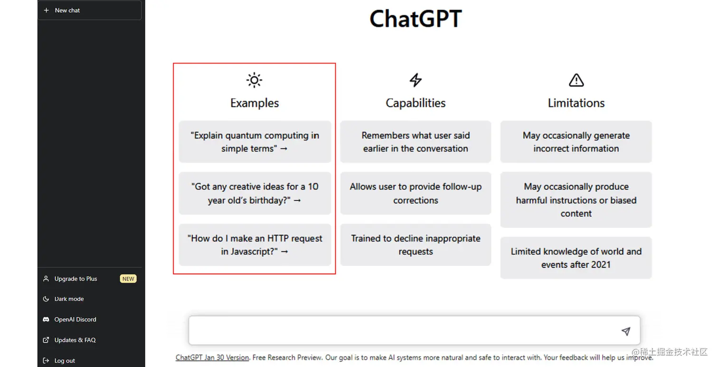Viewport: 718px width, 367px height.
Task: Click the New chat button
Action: pyautogui.click(x=89, y=10)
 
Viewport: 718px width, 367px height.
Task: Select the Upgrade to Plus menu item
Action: pyautogui.click(x=76, y=279)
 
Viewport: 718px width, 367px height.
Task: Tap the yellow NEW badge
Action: pyautogui.click(x=128, y=279)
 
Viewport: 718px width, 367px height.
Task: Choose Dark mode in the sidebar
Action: pyautogui.click(x=69, y=299)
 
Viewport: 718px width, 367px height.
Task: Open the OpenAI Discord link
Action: pyautogui.click(x=75, y=320)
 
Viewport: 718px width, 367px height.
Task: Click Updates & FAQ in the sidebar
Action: pyautogui.click(x=75, y=340)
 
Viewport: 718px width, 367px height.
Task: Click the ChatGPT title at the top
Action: pyautogui.click(x=416, y=19)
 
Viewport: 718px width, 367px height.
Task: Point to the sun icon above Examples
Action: pyautogui.click(x=255, y=80)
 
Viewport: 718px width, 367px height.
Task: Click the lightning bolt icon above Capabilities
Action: pyautogui.click(x=416, y=80)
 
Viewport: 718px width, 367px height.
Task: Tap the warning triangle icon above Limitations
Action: pyautogui.click(x=576, y=80)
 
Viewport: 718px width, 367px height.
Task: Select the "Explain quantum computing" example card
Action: pyautogui.click(x=255, y=142)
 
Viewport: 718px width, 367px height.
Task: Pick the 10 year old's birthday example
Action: pyautogui.click(x=255, y=193)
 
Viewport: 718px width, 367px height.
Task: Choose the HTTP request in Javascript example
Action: pyautogui.click(x=255, y=245)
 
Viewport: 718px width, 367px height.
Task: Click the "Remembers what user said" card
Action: pyautogui.click(x=416, y=142)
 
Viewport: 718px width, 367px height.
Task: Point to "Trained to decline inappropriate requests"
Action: pyautogui.click(x=416, y=245)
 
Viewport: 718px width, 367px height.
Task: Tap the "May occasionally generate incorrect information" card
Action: pyautogui.click(x=576, y=142)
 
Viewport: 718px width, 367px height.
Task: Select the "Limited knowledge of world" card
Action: pyautogui.click(x=576, y=258)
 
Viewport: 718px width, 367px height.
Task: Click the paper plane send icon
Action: pyautogui.click(x=626, y=331)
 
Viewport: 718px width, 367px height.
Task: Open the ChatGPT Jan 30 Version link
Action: pyautogui.click(x=212, y=358)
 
